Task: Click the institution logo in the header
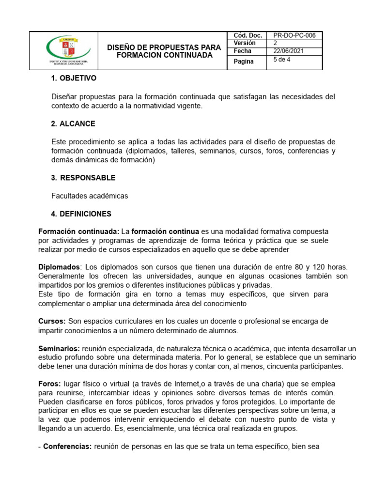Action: point(68,51)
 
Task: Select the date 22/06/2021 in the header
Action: point(289,51)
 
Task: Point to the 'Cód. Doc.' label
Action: point(248,35)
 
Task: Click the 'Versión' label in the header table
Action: point(245,43)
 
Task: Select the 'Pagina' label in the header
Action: point(244,62)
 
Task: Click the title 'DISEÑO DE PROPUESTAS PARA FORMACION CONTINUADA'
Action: point(164,51)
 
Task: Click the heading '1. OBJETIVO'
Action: point(74,78)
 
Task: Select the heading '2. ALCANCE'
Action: point(73,124)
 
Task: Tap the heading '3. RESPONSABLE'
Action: point(83,178)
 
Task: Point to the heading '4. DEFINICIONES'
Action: point(81,214)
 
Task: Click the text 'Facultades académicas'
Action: point(90,196)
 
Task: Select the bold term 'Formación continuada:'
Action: point(78,232)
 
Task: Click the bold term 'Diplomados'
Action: point(59,267)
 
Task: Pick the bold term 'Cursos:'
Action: point(52,321)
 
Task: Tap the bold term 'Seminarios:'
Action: point(59,348)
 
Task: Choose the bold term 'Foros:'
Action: point(49,383)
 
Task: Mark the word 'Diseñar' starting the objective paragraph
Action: point(63,97)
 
